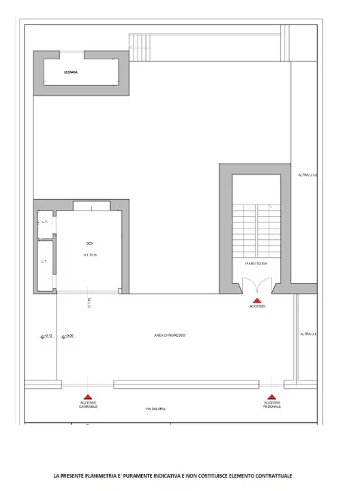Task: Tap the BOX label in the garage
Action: [89, 243]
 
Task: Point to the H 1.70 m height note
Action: [89, 255]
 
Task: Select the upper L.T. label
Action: [44, 222]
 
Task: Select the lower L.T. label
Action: [44, 261]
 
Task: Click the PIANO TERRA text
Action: [256, 263]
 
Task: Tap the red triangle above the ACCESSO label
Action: [256, 299]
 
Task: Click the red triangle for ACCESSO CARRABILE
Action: [88, 396]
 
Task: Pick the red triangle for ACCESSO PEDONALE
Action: [271, 396]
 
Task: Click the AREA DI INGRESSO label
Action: [170, 336]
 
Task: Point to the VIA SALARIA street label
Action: [155, 408]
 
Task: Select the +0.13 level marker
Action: [46, 336]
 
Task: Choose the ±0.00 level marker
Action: [67, 336]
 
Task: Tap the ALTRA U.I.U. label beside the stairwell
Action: [308, 175]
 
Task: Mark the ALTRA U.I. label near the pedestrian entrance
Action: [308, 334]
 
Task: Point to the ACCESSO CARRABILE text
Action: [88, 405]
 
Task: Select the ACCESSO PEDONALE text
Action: [271, 405]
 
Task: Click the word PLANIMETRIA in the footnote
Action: [106, 476]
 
